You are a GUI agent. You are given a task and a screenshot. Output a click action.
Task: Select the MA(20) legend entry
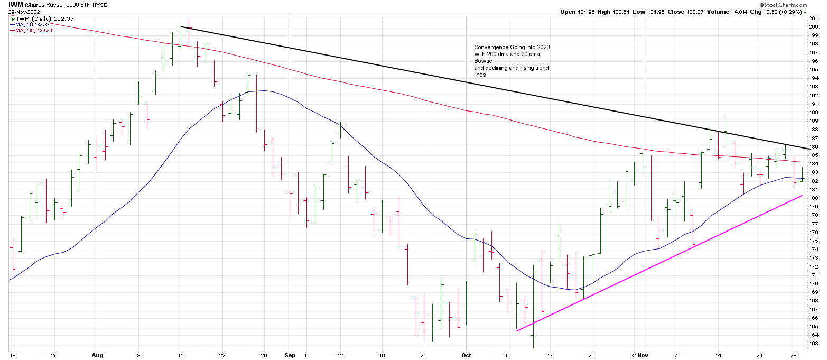coord(31,24)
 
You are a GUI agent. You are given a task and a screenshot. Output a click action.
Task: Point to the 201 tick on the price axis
coord(814,18)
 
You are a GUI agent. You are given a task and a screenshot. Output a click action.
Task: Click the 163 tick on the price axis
coord(814,343)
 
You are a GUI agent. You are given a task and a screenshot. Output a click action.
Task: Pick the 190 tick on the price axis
coord(814,112)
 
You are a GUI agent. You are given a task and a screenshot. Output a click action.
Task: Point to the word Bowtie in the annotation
coord(482,61)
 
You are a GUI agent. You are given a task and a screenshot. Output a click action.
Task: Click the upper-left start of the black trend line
coord(181,26)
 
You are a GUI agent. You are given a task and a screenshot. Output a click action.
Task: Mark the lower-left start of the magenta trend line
coord(516,331)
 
